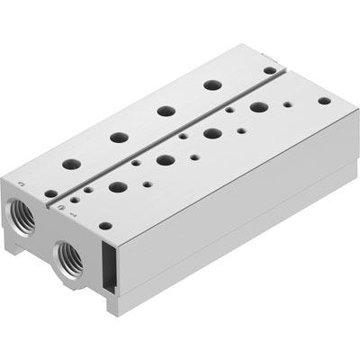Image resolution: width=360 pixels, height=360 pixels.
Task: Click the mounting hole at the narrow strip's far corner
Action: [269, 69]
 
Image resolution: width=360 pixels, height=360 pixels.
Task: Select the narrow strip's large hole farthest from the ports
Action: [212, 85]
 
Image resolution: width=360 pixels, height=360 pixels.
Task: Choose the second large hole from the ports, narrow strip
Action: [119, 138]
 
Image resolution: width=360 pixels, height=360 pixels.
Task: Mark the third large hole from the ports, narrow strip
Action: [166, 111]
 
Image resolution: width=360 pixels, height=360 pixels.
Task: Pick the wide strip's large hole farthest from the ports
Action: [259, 107]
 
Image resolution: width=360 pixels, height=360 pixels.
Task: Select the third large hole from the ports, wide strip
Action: [212, 133]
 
